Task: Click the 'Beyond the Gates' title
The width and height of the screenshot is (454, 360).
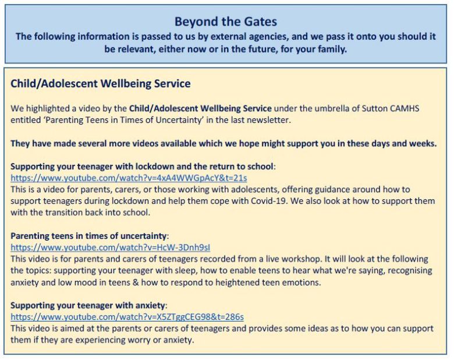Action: [x=226, y=22]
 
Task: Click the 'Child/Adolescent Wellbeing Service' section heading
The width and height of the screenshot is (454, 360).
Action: [x=101, y=83]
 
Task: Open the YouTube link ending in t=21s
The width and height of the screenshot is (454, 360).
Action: [x=129, y=178]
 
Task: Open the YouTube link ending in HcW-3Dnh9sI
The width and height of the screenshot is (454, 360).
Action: [x=111, y=247]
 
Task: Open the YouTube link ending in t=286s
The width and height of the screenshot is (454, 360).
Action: [x=127, y=317]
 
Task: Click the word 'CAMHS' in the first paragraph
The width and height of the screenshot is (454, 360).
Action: [x=405, y=108]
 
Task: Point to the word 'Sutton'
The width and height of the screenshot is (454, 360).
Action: [x=374, y=108]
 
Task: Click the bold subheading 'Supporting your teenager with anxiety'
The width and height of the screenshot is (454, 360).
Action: [x=87, y=305]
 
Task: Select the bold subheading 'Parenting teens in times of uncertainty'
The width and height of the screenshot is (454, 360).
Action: [x=88, y=236]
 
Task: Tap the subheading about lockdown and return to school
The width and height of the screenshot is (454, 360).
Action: [x=142, y=167]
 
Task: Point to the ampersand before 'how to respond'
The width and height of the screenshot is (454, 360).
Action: [x=136, y=282]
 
